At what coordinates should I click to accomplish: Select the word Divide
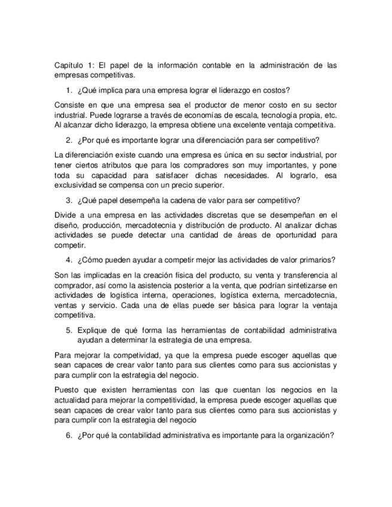pyautogui.click(x=65, y=215)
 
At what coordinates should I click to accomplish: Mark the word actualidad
pyautogui.click(x=72, y=400)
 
